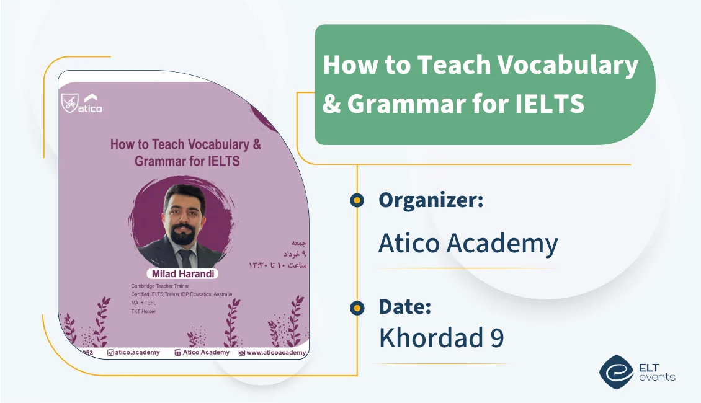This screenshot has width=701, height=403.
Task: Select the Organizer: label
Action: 431,200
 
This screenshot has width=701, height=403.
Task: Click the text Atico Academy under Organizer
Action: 468,244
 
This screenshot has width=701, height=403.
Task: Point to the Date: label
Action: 404,306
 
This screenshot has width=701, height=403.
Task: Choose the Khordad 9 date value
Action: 441,338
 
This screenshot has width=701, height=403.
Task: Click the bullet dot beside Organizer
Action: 357,200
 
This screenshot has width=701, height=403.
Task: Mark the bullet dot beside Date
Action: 357,307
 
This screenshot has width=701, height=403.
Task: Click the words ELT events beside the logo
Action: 656,371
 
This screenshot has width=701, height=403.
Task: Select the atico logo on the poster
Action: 82,103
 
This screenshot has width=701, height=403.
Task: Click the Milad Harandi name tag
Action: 182,273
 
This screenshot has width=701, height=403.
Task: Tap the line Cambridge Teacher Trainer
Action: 160,286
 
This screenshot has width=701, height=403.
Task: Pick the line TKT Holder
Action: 143,311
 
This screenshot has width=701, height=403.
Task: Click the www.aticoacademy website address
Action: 277,353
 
